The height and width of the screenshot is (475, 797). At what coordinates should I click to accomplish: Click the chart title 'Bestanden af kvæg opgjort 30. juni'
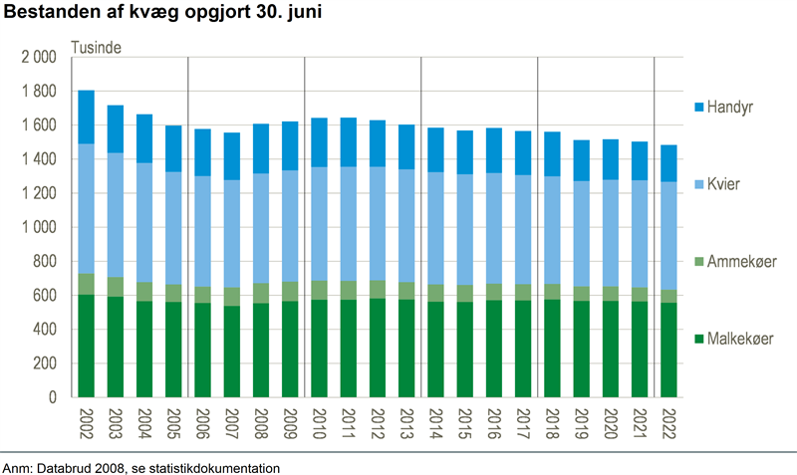(x=163, y=15)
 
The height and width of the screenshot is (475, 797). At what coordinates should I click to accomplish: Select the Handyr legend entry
(x=732, y=105)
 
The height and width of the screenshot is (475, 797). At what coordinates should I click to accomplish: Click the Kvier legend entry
(x=727, y=184)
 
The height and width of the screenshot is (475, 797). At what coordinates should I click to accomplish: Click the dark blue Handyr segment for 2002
(x=87, y=117)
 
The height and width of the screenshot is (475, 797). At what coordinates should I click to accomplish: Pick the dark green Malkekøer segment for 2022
(x=668, y=349)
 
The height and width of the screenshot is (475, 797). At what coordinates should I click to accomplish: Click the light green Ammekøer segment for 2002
(x=87, y=284)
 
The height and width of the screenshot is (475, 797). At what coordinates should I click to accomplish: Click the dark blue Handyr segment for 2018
(x=552, y=154)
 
